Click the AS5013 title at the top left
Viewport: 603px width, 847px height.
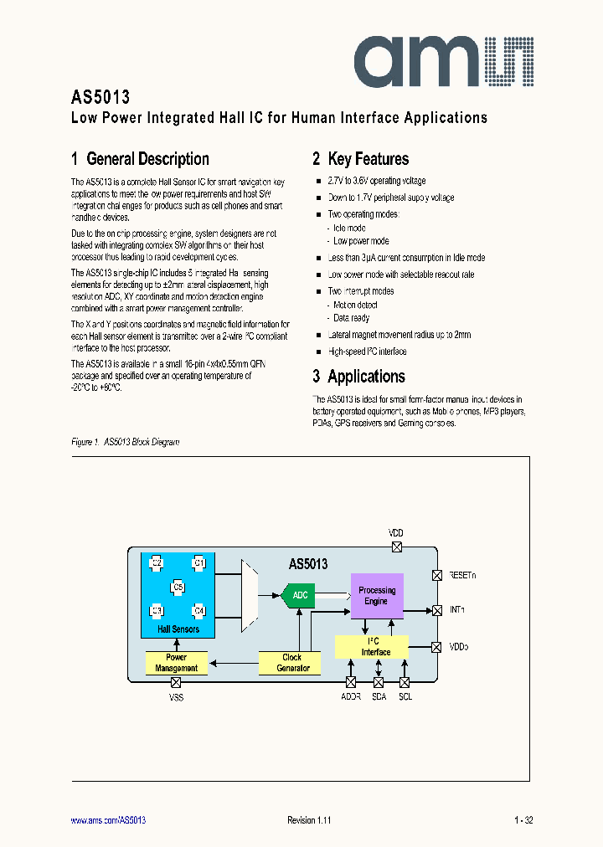click(100, 97)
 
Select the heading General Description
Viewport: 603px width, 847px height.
click(140, 159)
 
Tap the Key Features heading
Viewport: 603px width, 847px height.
click(360, 159)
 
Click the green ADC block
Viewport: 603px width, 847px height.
click(299, 595)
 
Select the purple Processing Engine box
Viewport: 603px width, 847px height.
click(376, 596)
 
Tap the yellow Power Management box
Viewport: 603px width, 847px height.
click(176, 663)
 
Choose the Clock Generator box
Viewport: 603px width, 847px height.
click(292, 663)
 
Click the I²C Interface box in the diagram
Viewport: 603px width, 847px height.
click(372, 647)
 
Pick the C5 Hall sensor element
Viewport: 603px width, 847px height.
click(178, 588)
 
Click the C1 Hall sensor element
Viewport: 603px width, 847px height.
click(198, 563)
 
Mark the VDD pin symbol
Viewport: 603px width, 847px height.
click(396, 547)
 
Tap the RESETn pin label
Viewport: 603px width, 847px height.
click(462, 576)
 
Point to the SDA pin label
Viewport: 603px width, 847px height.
click(379, 696)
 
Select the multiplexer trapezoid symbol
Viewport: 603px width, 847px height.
click(250, 595)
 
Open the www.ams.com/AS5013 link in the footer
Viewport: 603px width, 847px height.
click(108, 820)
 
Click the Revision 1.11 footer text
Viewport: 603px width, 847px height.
click(309, 820)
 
